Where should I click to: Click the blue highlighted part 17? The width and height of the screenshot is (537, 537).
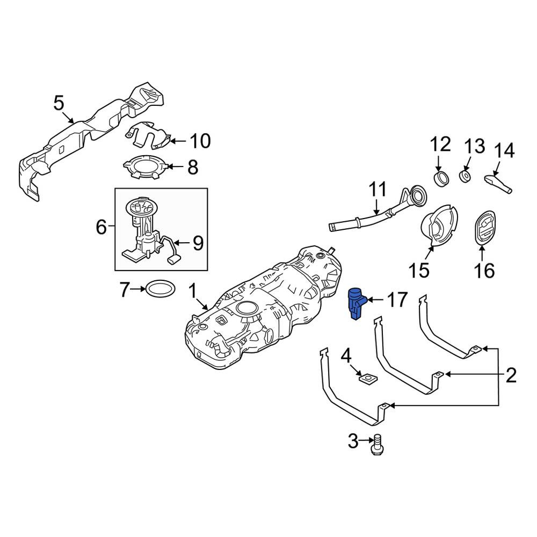pyautogui.click(x=356, y=303)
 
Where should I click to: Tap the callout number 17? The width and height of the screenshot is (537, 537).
pyautogui.click(x=397, y=300)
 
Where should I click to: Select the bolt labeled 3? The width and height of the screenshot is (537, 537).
pyautogui.click(x=377, y=444)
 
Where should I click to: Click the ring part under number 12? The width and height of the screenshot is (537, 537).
pyautogui.click(x=441, y=178)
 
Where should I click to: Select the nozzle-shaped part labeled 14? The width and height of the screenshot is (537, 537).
pyautogui.click(x=498, y=184)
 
